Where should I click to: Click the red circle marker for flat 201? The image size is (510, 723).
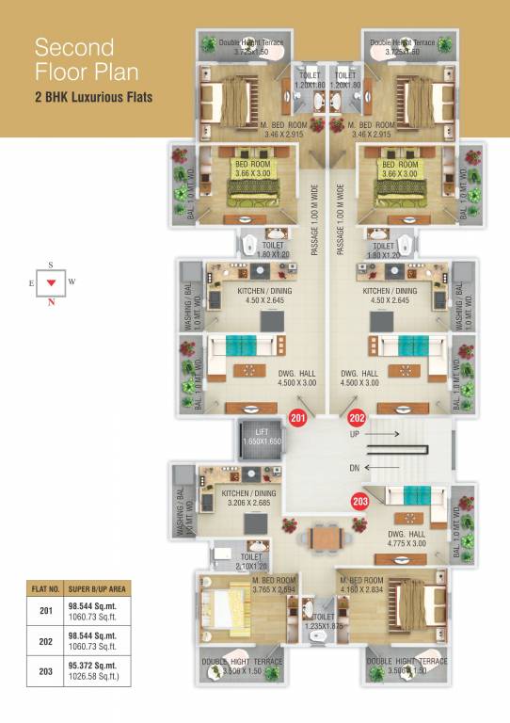[x=298, y=419]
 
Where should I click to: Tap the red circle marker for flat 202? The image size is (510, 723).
[x=357, y=419]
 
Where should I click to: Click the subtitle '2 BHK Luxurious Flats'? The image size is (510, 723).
[x=94, y=97]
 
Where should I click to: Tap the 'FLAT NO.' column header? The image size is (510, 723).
[x=43, y=590]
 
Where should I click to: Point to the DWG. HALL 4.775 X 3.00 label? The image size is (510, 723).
[x=406, y=538]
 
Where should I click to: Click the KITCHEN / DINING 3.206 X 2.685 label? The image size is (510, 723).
[x=248, y=497]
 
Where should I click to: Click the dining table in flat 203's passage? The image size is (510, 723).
[x=325, y=538]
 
